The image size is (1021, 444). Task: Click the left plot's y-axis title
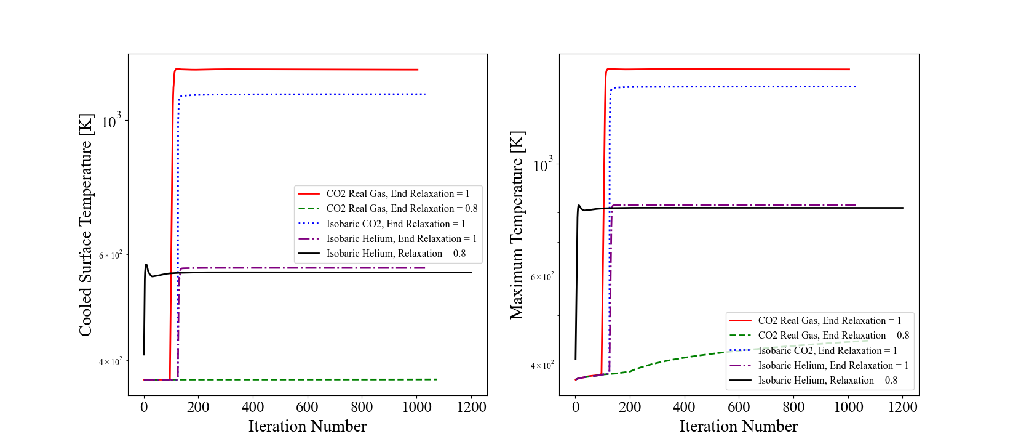[85, 225]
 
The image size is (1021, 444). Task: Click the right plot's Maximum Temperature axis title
[517, 225]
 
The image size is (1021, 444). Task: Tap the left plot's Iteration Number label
[307, 426]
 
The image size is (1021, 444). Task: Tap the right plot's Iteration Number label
[738, 426]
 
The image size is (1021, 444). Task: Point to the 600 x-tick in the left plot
[307, 407]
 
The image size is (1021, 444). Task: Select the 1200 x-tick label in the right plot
[902, 407]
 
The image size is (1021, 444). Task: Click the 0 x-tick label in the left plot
[144, 407]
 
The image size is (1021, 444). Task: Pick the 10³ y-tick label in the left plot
[111, 121]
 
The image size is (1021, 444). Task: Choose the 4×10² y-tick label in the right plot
[542, 366]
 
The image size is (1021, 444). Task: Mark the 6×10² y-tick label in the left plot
[111, 255]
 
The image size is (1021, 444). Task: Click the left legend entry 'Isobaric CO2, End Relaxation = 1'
[395, 224]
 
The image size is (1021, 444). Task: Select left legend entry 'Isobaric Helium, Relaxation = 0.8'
[395, 253]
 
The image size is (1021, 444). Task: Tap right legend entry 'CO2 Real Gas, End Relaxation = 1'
[829, 320]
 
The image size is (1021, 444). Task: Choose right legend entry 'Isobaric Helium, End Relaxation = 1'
[833, 365]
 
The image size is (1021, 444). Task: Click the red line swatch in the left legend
[309, 194]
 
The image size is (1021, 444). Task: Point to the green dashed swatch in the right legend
[740, 336]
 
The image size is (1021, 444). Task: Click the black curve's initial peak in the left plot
[146, 265]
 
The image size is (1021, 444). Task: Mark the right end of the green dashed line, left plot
[437, 379]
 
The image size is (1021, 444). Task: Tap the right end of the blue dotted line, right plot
[856, 87]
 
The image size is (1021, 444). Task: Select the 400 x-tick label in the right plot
[684, 407]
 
